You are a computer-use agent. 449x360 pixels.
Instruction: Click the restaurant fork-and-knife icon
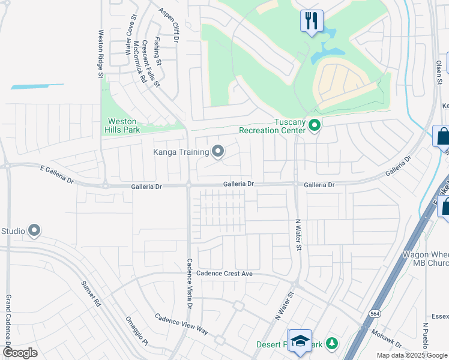[x=312, y=21]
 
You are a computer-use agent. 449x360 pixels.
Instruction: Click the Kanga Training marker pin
[x=218, y=152]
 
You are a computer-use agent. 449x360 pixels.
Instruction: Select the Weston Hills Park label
[x=121, y=125]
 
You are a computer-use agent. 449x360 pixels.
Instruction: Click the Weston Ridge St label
[x=101, y=54]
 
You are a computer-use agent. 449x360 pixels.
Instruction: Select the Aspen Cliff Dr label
[x=169, y=25]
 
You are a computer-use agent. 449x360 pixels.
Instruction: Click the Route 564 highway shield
[x=375, y=314]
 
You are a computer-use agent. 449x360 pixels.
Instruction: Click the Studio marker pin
[x=34, y=230]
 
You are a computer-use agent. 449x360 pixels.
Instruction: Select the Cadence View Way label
[x=181, y=324]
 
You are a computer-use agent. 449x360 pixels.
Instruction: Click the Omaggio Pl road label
[x=136, y=332]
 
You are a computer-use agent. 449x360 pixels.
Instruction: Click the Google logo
[x=20, y=353]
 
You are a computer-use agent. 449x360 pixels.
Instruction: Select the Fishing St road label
[x=157, y=52]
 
